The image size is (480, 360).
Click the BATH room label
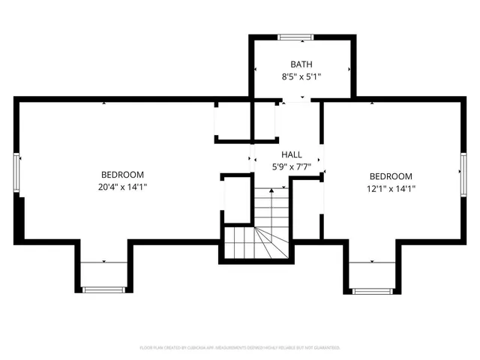(301, 64)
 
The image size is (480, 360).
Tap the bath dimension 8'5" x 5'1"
(301, 77)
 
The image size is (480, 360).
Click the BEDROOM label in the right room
(391, 176)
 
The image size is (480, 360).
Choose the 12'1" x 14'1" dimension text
(391, 189)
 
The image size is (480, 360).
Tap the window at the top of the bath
(296, 35)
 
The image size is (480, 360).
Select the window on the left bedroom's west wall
(17, 172)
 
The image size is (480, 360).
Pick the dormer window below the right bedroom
(371, 289)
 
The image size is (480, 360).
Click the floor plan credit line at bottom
(240, 348)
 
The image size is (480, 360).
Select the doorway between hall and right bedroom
(321, 159)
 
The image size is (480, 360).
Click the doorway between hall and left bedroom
(250, 159)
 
